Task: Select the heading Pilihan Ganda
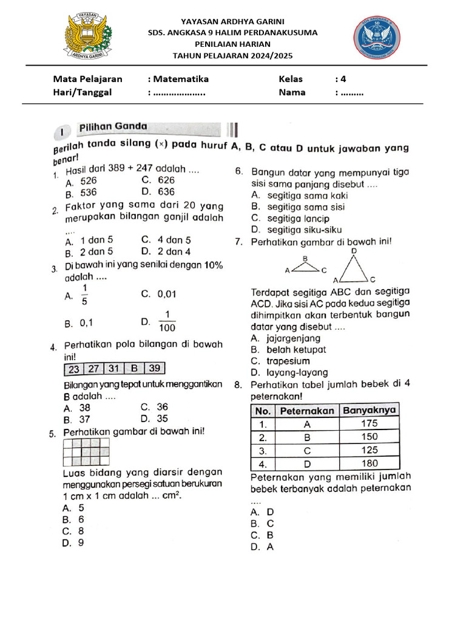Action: tap(113, 127)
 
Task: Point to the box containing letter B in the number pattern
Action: tap(134, 369)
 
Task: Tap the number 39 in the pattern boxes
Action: tap(155, 369)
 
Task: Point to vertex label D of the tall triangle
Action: tap(354, 250)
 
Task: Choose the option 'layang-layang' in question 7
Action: tap(297, 372)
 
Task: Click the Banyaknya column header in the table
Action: tap(370, 410)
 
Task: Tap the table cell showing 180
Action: tap(370, 463)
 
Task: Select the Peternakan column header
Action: tap(307, 411)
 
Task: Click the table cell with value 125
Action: tap(370, 450)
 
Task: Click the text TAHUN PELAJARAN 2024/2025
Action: tap(233, 56)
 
